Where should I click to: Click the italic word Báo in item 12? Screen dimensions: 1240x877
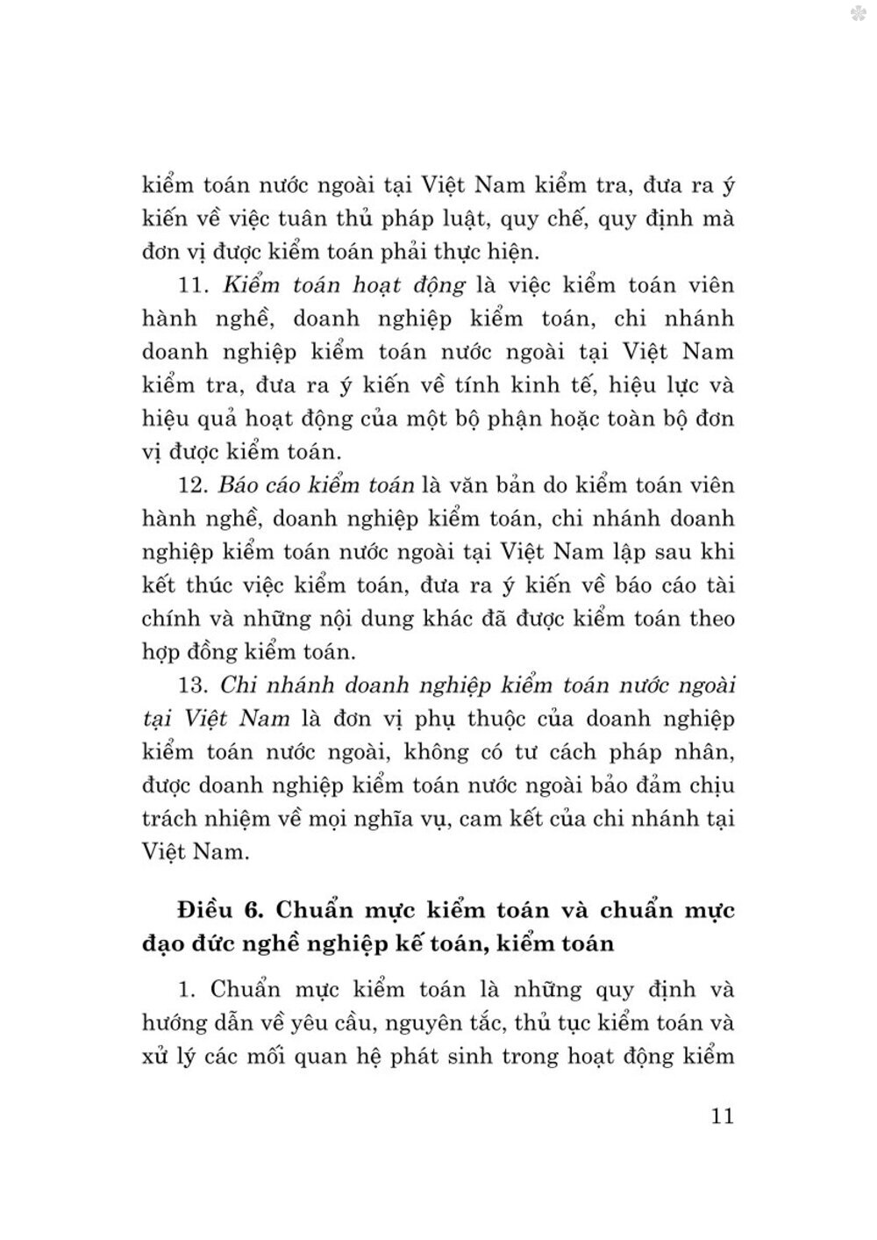click(x=239, y=484)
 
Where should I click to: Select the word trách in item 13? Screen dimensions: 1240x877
click(x=170, y=819)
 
